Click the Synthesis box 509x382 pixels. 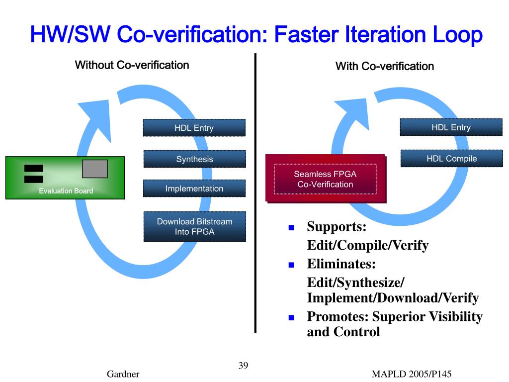coord(194,159)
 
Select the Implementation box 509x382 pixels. coord(194,189)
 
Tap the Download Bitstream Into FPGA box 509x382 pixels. coord(194,226)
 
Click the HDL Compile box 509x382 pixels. coord(451,159)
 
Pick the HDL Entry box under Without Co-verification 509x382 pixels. coord(194,128)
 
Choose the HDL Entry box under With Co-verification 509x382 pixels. coord(451,127)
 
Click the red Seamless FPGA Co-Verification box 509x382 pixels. coord(325,179)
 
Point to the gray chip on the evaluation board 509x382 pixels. coord(94,169)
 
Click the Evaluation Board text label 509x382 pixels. coord(66,191)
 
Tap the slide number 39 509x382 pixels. coord(243,366)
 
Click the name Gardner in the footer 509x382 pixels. coord(123,375)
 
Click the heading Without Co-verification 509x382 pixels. coord(132,65)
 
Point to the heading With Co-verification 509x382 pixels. coord(385,66)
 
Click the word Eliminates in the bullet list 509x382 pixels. coord(340,263)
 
